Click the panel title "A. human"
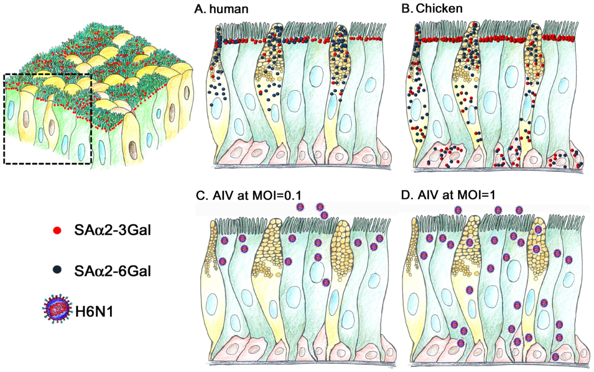221,9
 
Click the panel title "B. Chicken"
432,8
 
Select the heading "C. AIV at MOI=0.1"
249,195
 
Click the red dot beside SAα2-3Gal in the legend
57,231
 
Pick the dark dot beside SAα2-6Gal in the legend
57,270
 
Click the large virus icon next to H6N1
57,309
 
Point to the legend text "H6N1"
94,312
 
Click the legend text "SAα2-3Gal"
113,230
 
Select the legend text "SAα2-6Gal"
113,271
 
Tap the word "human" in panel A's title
229,9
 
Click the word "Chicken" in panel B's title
439,8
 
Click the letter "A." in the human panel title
200,9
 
